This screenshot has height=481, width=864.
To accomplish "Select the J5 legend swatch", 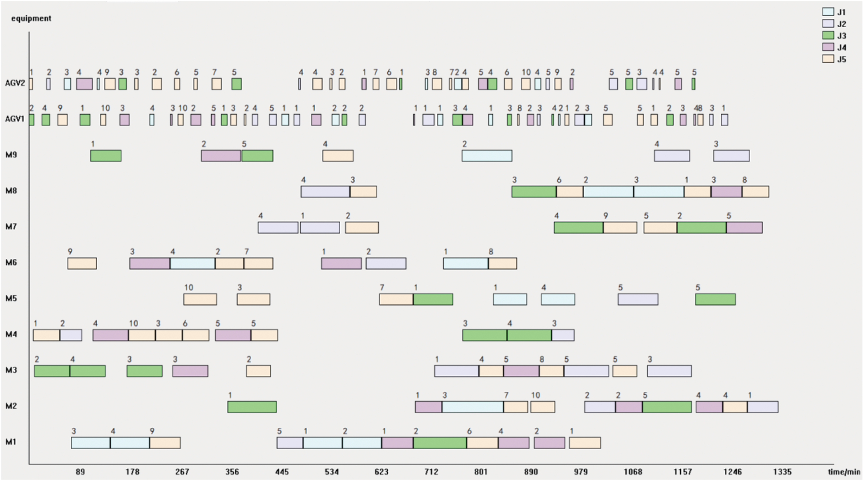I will pos(828,59).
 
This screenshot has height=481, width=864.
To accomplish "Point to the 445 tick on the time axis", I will pos(282,472).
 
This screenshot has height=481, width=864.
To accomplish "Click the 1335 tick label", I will pos(782,472).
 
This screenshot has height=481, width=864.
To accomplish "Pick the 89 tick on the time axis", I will pos(80,472).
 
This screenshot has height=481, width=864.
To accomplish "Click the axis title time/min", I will pos(844,472).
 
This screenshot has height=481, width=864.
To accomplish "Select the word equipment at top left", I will pos(31,18).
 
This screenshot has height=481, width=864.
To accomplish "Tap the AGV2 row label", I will pos(14,83).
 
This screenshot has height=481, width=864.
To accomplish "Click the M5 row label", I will pos(11,298).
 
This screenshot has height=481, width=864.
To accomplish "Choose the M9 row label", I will pos(11,155).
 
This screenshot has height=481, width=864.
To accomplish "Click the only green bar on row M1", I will pos(440,443).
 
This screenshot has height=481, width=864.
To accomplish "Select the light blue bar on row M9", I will pos(487,156).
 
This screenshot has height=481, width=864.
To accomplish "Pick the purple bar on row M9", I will pos(221,156).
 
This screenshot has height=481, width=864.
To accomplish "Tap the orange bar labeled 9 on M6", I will pos(82,263).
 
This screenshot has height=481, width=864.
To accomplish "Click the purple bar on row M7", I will pos(744,228).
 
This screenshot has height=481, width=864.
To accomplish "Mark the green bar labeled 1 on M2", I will pos(252,407).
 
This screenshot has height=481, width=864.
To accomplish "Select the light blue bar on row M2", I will pos(472,407).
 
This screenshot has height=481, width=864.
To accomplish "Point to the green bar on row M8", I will pos(534,192).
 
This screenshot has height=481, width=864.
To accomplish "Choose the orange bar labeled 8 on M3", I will pos(551,371).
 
